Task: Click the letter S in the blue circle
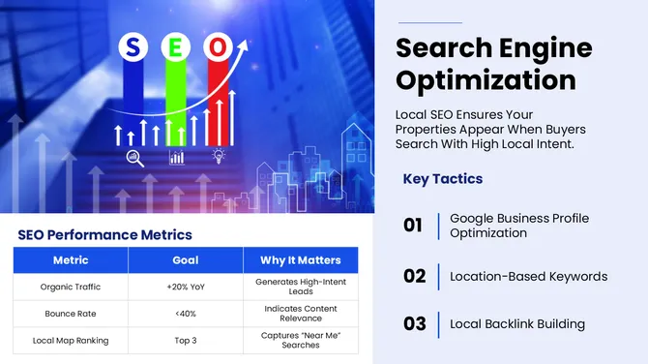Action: pyautogui.click(x=134, y=46)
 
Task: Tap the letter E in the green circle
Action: pyautogui.click(x=177, y=46)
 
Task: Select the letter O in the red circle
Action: pyautogui.click(x=221, y=46)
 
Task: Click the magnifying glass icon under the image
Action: pyautogui.click(x=133, y=156)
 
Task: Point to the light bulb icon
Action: pyautogui.click(x=219, y=156)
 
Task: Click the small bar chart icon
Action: pyautogui.click(x=177, y=156)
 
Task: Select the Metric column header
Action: pyautogui.click(x=70, y=259)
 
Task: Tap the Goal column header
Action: pyautogui.click(x=185, y=259)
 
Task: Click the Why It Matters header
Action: pyautogui.click(x=300, y=259)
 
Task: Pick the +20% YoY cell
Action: pyautogui.click(x=185, y=287)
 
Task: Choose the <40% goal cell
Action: pyautogui.click(x=185, y=314)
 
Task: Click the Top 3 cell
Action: pyautogui.click(x=185, y=341)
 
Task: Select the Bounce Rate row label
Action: pyautogui.click(x=70, y=314)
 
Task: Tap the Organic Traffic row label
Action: pyautogui.click(x=70, y=287)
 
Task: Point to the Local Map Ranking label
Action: pyautogui.click(x=70, y=341)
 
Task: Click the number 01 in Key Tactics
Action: pyautogui.click(x=413, y=226)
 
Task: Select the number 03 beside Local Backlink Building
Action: pyautogui.click(x=414, y=323)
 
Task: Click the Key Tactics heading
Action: pyautogui.click(x=442, y=179)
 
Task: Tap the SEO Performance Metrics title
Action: pyautogui.click(x=104, y=234)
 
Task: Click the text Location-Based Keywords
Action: pyautogui.click(x=528, y=276)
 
